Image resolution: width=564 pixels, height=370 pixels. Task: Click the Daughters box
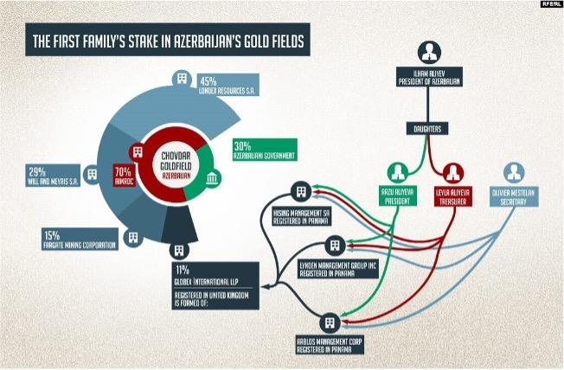[x=430, y=129]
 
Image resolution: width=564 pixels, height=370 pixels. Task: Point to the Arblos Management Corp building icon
[x=328, y=323]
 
